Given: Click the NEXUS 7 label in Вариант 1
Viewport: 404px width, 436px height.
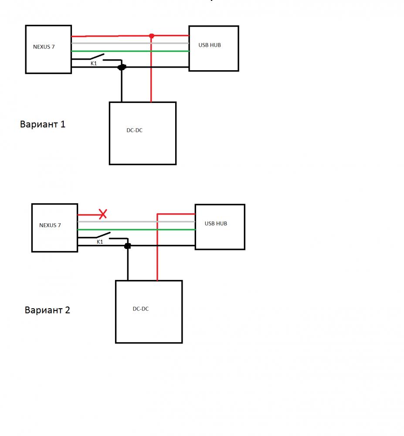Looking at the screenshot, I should (x=44, y=46).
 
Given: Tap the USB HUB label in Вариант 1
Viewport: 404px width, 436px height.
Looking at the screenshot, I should (x=210, y=45).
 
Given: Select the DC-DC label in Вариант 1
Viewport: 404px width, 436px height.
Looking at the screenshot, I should (x=134, y=130).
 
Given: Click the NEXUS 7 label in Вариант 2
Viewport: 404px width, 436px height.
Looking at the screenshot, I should (x=50, y=225).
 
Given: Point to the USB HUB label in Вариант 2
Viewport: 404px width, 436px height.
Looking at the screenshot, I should (x=216, y=223).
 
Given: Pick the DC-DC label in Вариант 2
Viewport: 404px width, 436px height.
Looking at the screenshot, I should (x=140, y=309).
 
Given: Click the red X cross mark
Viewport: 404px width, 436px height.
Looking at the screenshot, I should (x=103, y=214).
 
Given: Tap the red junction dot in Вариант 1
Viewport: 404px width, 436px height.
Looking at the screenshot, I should (x=151, y=36).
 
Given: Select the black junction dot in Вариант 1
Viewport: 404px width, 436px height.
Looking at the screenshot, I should (x=122, y=67).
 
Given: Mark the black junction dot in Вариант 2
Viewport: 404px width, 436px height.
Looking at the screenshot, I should (x=128, y=246).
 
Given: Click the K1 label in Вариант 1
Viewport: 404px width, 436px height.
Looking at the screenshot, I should (x=94, y=64).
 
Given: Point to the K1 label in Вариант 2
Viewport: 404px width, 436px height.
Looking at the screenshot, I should (x=100, y=242).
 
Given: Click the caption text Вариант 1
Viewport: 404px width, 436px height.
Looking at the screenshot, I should (x=43, y=124).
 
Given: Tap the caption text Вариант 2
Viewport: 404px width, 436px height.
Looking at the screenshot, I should (x=48, y=310).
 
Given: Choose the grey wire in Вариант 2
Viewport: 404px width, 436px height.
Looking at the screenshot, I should (x=131, y=221).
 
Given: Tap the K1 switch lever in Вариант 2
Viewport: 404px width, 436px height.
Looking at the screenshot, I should (x=102, y=235).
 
